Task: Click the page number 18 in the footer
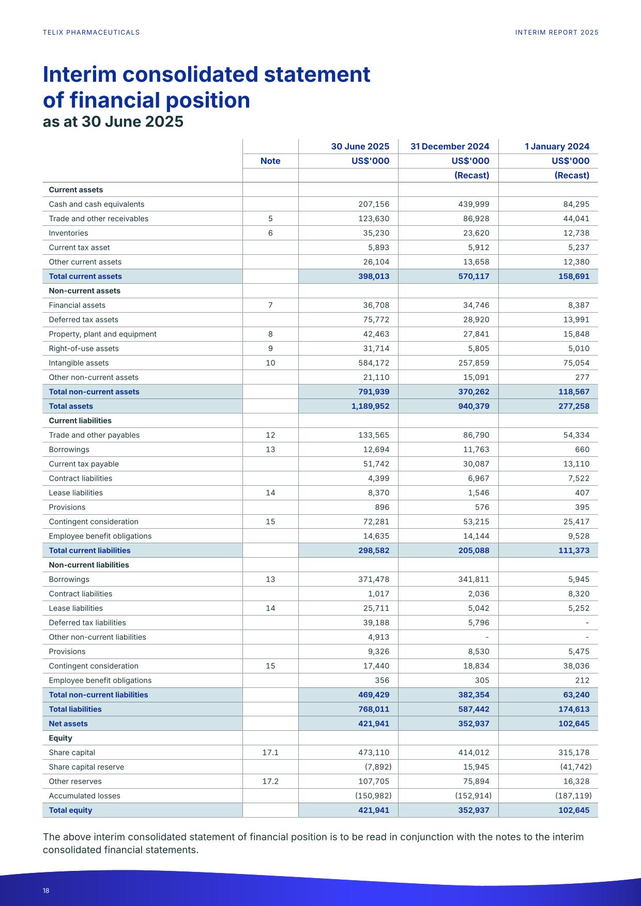tap(46, 890)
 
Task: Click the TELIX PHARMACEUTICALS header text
tap(91, 33)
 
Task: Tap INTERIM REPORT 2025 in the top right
tap(557, 33)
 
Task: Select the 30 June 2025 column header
tap(360, 146)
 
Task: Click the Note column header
tap(270, 161)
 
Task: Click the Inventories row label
tap(68, 233)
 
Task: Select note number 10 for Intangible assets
tap(270, 363)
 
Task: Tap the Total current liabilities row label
tap(89, 550)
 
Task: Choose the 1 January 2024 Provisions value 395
tap(582, 507)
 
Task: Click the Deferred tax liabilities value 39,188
tap(376, 623)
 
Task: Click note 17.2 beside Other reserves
tap(270, 781)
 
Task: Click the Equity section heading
tap(60, 738)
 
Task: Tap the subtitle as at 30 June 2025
tap(113, 121)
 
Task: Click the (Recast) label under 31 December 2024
tap(471, 175)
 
